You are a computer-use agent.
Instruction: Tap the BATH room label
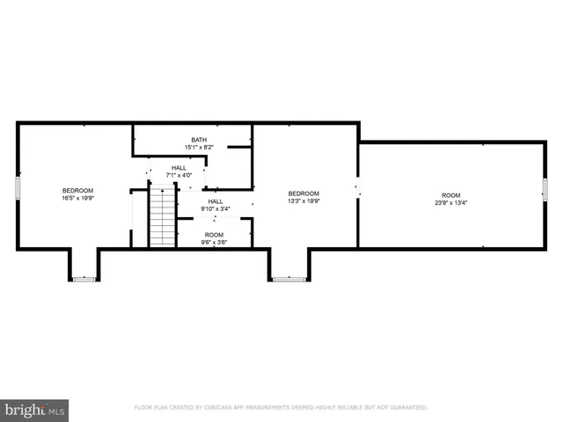(200, 140)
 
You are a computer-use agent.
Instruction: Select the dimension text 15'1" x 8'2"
(200, 148)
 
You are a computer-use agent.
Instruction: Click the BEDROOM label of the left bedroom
(77, 191)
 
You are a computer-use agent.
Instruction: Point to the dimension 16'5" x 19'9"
(77, 199)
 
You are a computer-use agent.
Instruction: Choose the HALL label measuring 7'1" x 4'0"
(179, 167)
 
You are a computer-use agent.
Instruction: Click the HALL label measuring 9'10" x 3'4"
(215, 201)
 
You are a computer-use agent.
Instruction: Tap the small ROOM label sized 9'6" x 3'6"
(214, 235)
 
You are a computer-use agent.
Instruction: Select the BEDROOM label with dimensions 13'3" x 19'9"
(304, 193)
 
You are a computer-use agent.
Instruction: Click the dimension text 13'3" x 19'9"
(304, 201)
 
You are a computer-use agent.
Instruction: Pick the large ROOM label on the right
(451, 195)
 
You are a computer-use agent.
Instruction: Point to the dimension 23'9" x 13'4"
(451, 203)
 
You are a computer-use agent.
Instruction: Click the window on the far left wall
(18, 188)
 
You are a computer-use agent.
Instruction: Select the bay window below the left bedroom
(84, 279)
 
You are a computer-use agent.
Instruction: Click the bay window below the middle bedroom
(288, 279)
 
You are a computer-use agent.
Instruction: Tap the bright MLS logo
(34, 410)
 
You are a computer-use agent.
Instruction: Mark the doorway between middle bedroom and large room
(357, 186)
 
